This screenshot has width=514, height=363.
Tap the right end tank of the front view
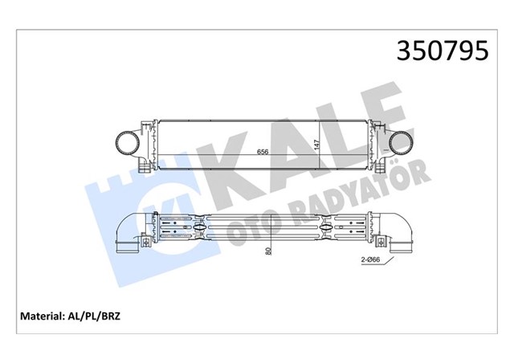pos(377,145)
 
